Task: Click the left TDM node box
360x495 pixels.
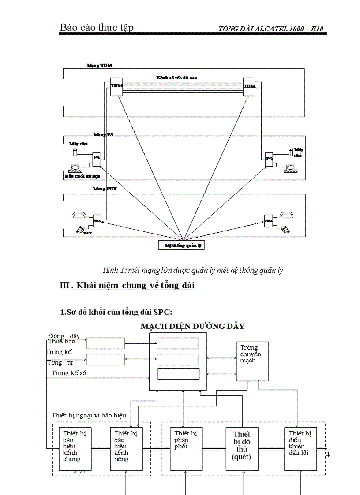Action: click(x=116, y=86)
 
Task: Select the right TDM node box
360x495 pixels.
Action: click(x=249, y=86)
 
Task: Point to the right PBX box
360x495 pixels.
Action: click(x=268, y=219)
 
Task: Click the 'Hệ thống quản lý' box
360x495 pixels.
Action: click(x=182, y=245)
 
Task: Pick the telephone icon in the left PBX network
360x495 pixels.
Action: click(x=78, y=215)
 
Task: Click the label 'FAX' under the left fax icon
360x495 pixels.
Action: click(x=87, y=233)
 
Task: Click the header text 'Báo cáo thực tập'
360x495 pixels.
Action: click(x=97, y=28)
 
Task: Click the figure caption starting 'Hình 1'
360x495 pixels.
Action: click(x=192, y=270)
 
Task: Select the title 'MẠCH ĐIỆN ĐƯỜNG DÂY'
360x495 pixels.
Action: click(x=192, y=326)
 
